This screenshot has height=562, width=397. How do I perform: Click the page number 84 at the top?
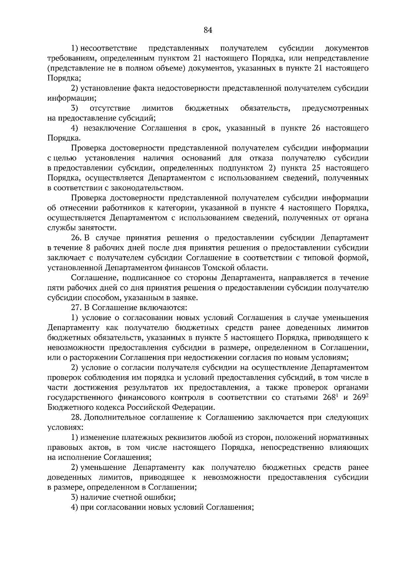[x=208, y=30]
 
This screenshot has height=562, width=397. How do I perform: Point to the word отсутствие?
[x=110, y=108]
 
